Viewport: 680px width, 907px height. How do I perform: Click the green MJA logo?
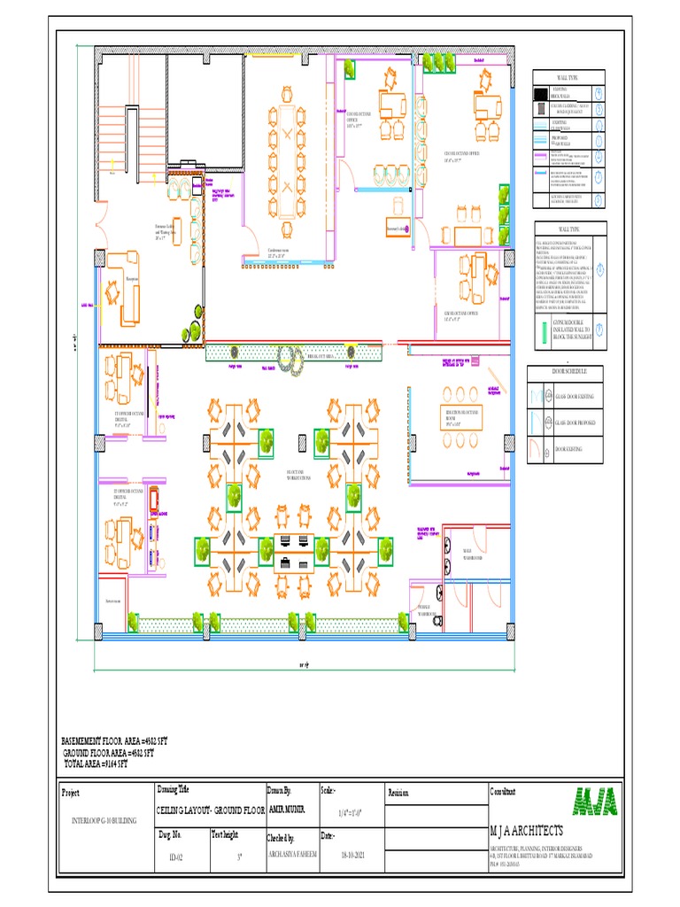pos(596,801)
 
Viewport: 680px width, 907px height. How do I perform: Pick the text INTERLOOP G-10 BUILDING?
pos(104,821)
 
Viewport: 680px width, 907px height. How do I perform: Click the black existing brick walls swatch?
pos(540,93)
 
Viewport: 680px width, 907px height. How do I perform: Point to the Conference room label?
pos(280,251)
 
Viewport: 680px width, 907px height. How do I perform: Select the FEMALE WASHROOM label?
pos(429,610)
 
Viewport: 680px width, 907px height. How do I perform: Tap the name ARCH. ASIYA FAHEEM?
pos(293,857)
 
